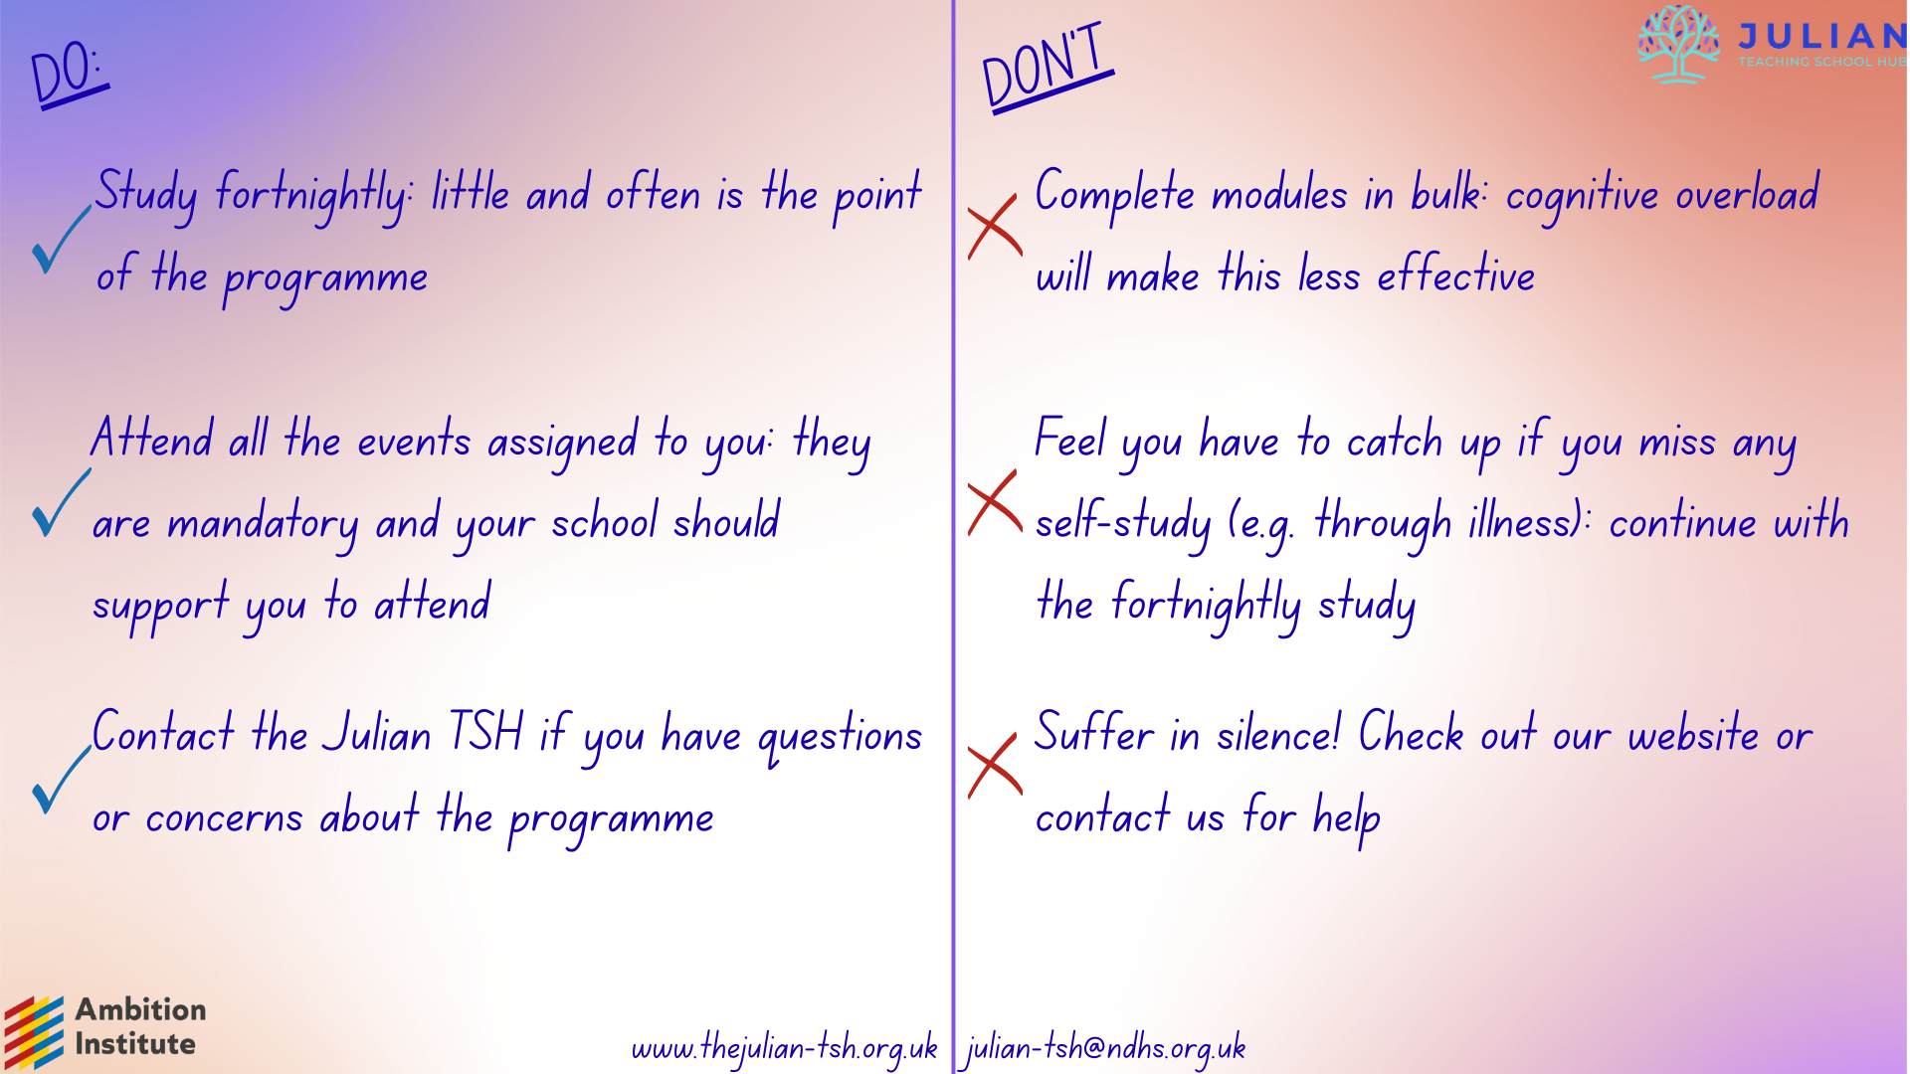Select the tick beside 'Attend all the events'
[61, 502]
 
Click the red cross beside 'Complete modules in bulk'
[995, 227]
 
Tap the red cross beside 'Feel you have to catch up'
[995, 502]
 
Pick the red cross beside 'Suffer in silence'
[995, 766]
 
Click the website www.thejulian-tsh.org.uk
[785, 1048]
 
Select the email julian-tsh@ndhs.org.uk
[1104, 1048]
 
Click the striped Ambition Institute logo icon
[34, 1032]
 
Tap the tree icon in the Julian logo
[1678, 44]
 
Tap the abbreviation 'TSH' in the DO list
[485, 732]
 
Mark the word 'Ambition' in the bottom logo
[141, 1009]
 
